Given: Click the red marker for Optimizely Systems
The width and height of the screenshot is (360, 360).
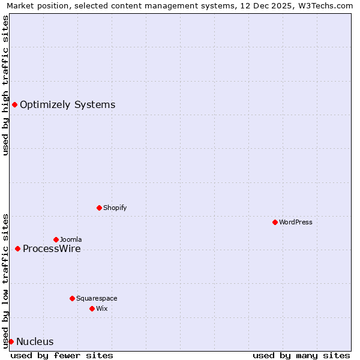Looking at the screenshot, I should point(14,105).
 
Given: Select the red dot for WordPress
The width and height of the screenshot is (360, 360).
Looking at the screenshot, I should point(275,222).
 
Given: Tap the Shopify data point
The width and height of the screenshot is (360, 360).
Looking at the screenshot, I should point(99,208).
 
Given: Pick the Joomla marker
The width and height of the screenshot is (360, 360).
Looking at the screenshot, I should point(56,239).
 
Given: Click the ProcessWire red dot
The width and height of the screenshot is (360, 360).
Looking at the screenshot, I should point(17,248).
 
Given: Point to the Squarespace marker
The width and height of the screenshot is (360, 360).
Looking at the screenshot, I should point(72,298).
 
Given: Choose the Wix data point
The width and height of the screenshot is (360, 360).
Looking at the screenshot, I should point(92,308).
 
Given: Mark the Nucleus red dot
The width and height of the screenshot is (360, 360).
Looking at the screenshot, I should point(11,341).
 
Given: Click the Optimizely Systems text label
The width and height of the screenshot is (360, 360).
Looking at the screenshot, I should point(67,105).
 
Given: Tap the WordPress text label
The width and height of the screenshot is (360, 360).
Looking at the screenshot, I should point(296,222).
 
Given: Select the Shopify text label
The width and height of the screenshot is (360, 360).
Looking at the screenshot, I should point(115,208).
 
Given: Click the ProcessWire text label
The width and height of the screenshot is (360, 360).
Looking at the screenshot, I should point(52,249).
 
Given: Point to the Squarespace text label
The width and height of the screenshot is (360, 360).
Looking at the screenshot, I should point(97,298).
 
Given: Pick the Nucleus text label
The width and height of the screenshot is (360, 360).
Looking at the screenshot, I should point(35,342).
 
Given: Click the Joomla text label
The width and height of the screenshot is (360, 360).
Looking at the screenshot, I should point(71,239).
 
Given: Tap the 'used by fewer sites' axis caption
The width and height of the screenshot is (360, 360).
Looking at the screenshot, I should point(62,355).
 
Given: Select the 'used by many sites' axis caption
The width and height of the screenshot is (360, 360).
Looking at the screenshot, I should point(301,355).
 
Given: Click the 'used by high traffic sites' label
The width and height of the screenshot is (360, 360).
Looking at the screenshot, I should point(5,85).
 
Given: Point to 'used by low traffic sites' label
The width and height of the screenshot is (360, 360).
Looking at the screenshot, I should point(5,281).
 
